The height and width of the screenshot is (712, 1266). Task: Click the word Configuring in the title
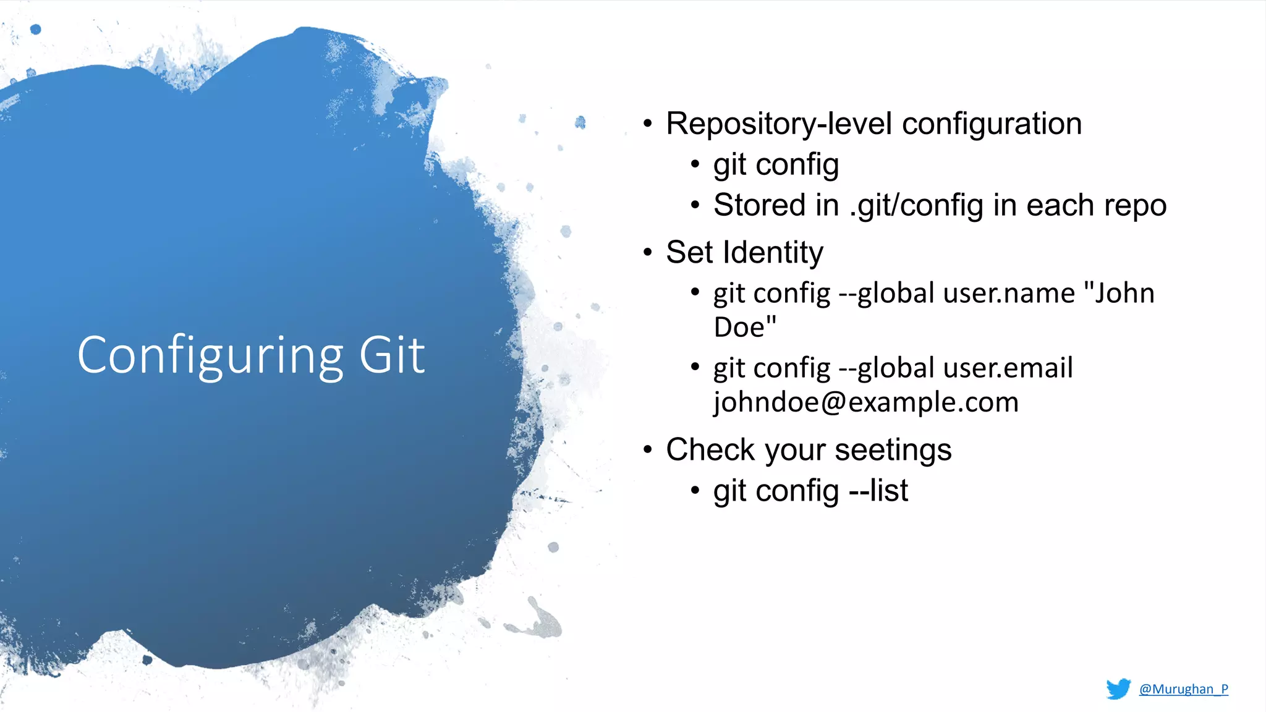click(x=210, y=356)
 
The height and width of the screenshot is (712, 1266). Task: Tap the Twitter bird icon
click(x=1118, y=689)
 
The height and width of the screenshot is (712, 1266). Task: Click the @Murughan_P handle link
click(x=1183, y=689)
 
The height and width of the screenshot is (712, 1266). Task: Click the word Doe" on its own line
click(x=744, y=327)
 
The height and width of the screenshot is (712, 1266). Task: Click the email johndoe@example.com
click(x=865, y=402)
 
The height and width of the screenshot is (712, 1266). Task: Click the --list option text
click(x=878, y=491)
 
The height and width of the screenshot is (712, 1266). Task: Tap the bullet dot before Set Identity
click(x=647, y=252)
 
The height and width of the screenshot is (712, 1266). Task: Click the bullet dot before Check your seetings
click(x=647, y=449)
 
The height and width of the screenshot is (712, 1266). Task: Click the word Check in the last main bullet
click(x=710, y=449)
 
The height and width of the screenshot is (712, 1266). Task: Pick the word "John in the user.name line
click(x=1119, y=293)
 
